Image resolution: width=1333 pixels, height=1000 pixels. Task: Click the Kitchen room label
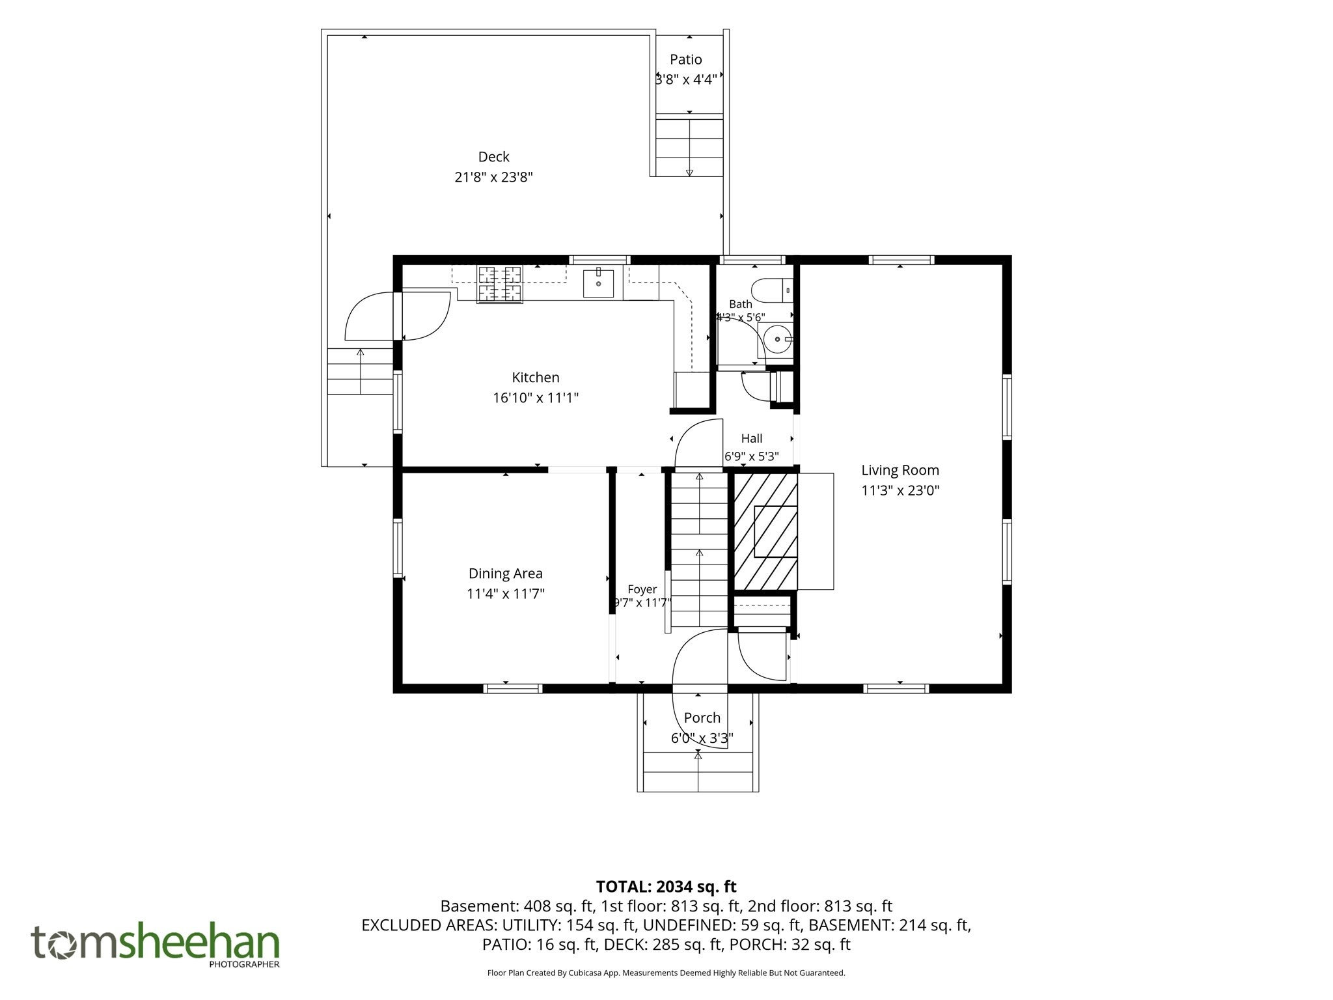pos(536,378)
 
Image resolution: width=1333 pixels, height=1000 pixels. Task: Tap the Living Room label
pos(900,471)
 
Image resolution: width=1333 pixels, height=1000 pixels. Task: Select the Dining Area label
pos(506,574)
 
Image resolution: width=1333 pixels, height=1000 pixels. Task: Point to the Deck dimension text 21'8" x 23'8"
pos(493,177)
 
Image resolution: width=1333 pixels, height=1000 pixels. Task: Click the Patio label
pos(686,60)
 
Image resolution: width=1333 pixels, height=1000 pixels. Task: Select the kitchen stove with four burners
pos(501,285)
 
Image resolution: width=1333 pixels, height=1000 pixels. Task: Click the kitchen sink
pos(598,283)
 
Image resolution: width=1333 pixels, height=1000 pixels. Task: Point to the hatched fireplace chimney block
pos(765,531)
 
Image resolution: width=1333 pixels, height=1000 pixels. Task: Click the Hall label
pos(752,439)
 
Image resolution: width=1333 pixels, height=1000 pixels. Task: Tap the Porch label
pos(702,718)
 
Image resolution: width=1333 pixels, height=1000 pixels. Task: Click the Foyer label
pos(642,590)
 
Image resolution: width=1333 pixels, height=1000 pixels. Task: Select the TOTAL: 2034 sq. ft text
pos(666,887)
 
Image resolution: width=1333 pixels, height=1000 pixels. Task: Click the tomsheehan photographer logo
pos(156,945)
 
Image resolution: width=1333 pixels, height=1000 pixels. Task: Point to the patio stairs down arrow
pos(689,147)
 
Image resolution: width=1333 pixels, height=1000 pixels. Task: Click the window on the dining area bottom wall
pos(513,688)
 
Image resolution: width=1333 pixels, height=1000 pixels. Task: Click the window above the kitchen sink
pos(600,260)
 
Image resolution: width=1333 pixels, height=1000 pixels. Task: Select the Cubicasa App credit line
pos(666,973)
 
